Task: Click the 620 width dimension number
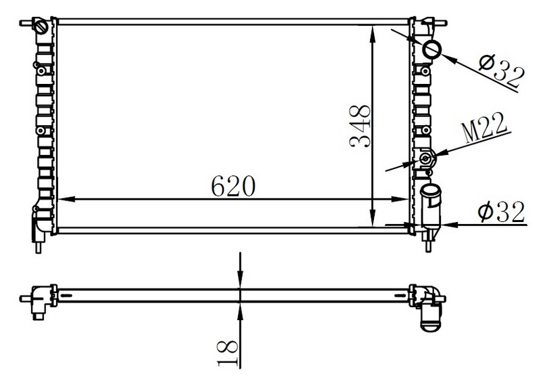(233, 185)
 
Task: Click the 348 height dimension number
(360, 126)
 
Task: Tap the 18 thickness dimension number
(228, 353)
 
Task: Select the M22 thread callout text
(484, 128)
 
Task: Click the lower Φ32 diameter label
(501, 212)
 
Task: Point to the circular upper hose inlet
(432, 49)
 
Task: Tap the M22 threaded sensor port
(426, 159)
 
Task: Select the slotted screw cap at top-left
(41, 26)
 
